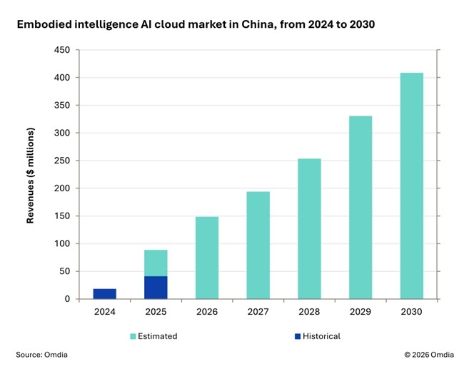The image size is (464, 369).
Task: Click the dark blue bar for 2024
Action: (104, 293)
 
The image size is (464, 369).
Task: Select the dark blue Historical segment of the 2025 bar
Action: (156, 287)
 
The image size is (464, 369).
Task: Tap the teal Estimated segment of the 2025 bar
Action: (156, 263)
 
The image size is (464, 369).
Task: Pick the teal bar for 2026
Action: (207, 257)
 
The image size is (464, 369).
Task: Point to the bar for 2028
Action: (309, 228)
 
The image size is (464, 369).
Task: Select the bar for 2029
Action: (360, 207)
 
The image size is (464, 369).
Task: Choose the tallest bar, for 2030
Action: (411, 186)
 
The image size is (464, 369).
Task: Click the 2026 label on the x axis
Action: (207, 312)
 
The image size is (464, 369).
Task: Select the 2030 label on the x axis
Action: (411, 312)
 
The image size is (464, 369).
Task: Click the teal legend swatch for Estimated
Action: (133, 336)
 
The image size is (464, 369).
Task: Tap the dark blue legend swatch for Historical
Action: (296, 336)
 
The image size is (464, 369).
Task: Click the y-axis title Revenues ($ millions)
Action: (31, 176)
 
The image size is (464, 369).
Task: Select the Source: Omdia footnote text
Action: (42, 355)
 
